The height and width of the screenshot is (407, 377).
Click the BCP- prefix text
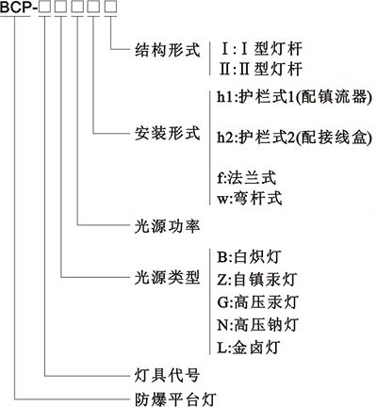click(x=19, y=7)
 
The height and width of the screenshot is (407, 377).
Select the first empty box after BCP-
click(x=44, y=7)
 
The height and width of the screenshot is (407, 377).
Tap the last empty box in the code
click(x=110, y=7)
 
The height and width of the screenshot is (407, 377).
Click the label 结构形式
click(x=167, y=50)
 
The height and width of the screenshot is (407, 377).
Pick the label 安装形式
click(x=167, y=133)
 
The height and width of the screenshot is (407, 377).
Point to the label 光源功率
click(x=167, y=225)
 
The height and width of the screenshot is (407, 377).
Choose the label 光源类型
click(x=167, y=277)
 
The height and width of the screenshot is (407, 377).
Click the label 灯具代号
click(x=167, y=375)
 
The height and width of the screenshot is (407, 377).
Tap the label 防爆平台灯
click(x=175, y=399)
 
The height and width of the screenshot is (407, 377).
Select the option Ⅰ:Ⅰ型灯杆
click(x=261, y=49)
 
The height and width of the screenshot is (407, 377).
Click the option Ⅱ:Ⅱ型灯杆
click(x=261, y=69)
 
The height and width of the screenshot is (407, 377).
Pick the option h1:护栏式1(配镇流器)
click(x=295, y=97)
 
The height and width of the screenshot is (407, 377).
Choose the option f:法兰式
click(x=246, y=178)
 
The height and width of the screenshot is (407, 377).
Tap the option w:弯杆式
click(x=250, y=199)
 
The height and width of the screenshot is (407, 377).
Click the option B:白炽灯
click(x=249, y=257)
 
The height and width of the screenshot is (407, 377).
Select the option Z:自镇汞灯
click(x=256, y=279)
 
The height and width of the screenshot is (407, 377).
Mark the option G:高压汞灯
click(x=257, y=302)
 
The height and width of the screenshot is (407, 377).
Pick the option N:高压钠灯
click(x=257, y=324)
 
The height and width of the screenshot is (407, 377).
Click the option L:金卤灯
click(x=248, y=348)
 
